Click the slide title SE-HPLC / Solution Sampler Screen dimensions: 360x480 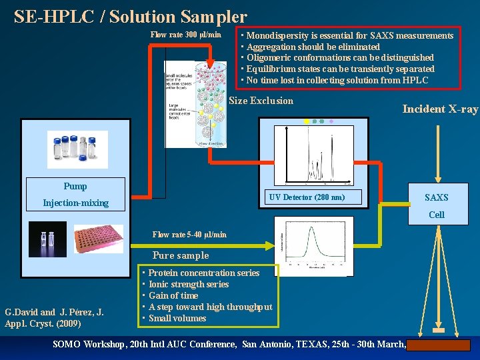tap(131, 17)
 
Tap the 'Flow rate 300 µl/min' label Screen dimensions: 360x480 tap(185, 35)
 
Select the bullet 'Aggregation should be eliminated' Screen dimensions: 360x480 tap(313, 47)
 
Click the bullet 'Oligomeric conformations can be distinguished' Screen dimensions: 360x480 tap(340, 58)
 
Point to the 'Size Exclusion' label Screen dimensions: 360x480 tap(261, 101)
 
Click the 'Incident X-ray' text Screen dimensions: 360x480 tap(440, 109)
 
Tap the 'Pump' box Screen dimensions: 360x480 tap(75, 187)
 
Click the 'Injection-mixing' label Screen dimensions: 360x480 tap(75, 203)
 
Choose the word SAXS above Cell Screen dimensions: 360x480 tap(437, 197)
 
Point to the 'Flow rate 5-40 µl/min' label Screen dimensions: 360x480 tap(189, 235)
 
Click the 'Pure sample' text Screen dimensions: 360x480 tap(181, 255)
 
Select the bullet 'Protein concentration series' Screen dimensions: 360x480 tap(203, 273)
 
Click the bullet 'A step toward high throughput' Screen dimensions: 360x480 tap(210, 307)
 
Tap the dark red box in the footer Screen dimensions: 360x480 tap(439, 345)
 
